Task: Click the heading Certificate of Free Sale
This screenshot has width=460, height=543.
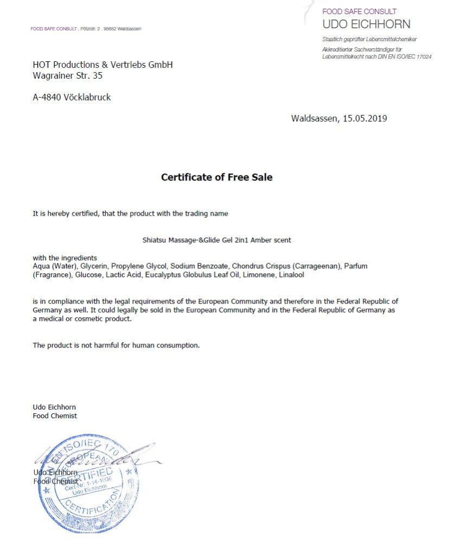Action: click(x=216, y=177)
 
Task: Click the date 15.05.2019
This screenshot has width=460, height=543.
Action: click(x=365, y=118)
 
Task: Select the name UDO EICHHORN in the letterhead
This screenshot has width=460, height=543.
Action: click(x=366, y=24)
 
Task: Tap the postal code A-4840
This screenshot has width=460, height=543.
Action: click(x=47, y=97)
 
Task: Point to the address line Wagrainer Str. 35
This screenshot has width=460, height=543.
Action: click(x=67, y=76)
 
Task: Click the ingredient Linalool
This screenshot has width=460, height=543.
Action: click(x=291, y=275)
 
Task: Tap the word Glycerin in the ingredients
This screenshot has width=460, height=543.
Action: click(x=95, y=267)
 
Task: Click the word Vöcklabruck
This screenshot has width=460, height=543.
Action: click(x=87, y=97)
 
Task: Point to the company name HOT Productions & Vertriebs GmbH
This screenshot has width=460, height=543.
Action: click(x=103, y=65)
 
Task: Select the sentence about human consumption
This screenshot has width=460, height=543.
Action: click(x=116, y=345)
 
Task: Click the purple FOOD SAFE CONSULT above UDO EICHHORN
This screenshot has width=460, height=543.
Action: click(x=359, y=11)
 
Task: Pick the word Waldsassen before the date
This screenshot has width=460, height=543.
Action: click(x=315, y=118)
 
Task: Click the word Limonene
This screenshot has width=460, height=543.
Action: click(x=260, y=275)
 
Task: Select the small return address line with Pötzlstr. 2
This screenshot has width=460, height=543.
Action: click(x=86, y=29)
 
